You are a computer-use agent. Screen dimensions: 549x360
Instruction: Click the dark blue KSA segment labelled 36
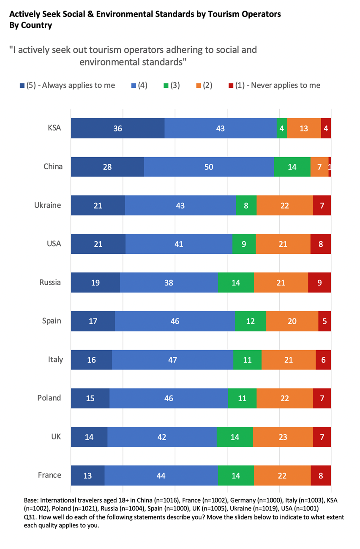pyautogui.click(x=117, y=128)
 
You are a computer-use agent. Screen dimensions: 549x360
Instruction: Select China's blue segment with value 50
pyautogui.click(x=209, y=167)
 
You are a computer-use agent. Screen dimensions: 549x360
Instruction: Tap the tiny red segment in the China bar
pyautogui.click(x=330, y=167)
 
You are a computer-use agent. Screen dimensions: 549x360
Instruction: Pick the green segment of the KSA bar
pyautogui.click(x=282, y=128)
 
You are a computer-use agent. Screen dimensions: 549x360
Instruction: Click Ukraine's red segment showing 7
pyautogui.click(x=322, y=205)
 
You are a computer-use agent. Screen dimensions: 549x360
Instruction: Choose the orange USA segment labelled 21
pyautogui.click(x=283, y=244)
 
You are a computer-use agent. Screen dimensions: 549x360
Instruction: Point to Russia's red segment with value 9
pyautogui.click(x=319, y=283)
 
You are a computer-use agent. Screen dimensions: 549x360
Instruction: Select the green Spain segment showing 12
pyautogui.click(x=250, y=321)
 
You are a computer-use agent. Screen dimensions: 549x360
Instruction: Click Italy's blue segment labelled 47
pyautogui.click(x=172, y=360)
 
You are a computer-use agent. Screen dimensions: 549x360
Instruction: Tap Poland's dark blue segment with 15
pyautogui.click(x=90, y=398)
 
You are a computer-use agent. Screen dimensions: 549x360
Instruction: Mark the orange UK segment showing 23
pyautogui.click(x=283, y=437)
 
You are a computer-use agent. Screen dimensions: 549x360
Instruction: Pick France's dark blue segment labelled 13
pyautogui.click(x=87, y=476)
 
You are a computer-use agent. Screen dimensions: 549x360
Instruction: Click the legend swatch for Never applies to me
pyautogui.click(x=231, y=85)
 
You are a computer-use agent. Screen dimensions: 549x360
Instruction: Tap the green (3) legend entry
pyautogui.click(x=172, y=85)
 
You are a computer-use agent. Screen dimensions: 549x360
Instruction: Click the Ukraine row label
pyautogui.click(x=48, y=205)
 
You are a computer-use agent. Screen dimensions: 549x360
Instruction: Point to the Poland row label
pyautogui.click(x=49, y=398)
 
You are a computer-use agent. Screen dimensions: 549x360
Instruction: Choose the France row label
pyautogui.click(x=49, y=475)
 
